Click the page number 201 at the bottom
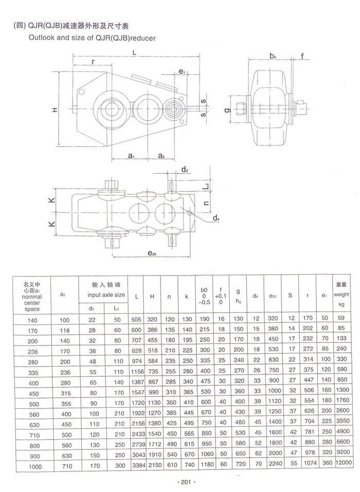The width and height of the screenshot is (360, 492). (186, 482)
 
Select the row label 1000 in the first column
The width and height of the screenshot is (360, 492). (35, 467)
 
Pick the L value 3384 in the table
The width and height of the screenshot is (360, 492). (139, 465)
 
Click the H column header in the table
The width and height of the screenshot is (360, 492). (152, 297)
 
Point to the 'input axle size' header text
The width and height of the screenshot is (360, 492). (106, 295)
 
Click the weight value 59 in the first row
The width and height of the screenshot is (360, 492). (341, 318)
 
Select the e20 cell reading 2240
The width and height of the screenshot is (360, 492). (275, 463)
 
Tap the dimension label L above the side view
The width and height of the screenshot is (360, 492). (134, 52)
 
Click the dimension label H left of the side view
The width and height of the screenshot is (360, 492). (55, 110)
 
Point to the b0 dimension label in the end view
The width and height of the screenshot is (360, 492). (273, 56)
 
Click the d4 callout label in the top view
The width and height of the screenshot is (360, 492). (216, 218)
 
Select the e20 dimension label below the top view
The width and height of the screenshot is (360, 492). (152, 253)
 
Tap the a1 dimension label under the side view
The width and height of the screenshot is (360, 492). (131, 155)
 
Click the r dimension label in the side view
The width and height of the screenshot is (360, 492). (93, 62)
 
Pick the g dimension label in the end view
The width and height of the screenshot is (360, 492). (227, 110)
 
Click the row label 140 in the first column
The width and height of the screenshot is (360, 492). (32, 320)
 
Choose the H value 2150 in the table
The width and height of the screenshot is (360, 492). (155, 465)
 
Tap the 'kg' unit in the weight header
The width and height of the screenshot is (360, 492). (341, 304)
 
